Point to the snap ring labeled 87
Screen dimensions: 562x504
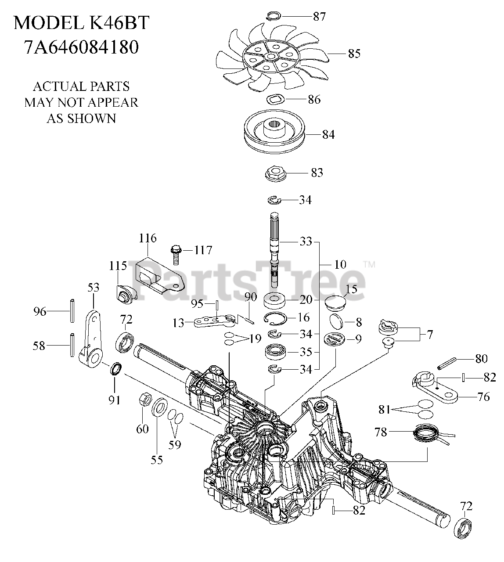(273, 17)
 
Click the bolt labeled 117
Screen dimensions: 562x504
(175, 253)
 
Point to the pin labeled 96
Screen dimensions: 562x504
(71, 310)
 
